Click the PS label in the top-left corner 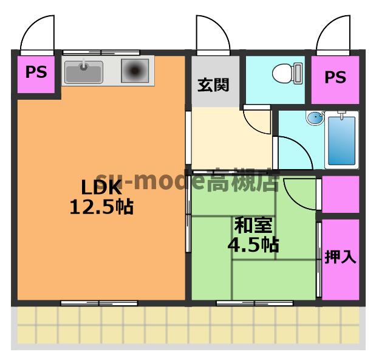pyautogui.click(x=36, y=72)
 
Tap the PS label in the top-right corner pyautogui.click(x=335, y=77)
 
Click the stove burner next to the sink pyautogui.click(x=134, y=71)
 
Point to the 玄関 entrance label pyautogui.click(x=212, y=85)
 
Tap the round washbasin pyautogui.click(x=315, y=119)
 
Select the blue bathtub pyautogui.click(x=342, y=140)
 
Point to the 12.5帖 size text pyautogui.click(x=101, y=207)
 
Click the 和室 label pyautogui.click(x=253, y=225)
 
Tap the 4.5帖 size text pyautogui.click(x=253, y=245)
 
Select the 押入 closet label pyautogui.click(x=340, y=257)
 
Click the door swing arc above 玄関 pyautogui.click(x=212, y=35)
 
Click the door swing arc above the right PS pyautogui.click(x=334, y=35)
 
